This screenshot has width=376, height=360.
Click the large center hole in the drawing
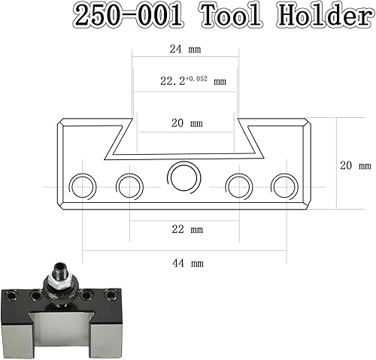pos(183,178)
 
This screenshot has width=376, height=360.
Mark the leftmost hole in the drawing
pos(81,185)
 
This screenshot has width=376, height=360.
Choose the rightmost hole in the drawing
pos(285,185)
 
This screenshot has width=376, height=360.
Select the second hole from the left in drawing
pos(129,185)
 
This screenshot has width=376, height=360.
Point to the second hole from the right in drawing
pos(238,185)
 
